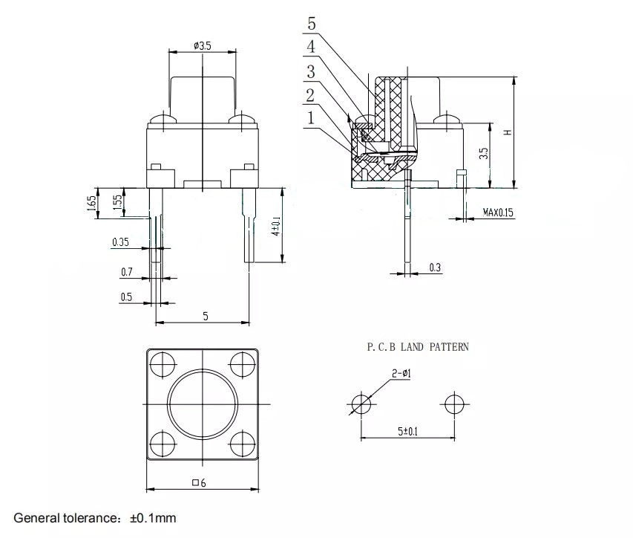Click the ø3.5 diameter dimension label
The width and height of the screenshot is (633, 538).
[x=203, y=46]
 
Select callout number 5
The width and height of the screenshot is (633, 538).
[x=311, y=24]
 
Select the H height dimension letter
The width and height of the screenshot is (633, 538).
[x=508, y=132]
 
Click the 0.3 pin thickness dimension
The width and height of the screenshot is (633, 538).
[x=435, y=268]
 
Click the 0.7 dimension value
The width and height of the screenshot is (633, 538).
[x=127, y=273]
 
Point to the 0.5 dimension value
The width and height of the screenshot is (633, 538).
[x=126, y=297]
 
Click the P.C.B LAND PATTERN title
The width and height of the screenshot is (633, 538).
[x=418, y=347]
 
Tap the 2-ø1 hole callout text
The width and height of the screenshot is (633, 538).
[x=401, y=373]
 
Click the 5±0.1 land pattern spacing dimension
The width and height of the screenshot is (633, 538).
[x=407, y=430]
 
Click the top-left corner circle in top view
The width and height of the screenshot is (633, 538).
[x=161, y=365]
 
